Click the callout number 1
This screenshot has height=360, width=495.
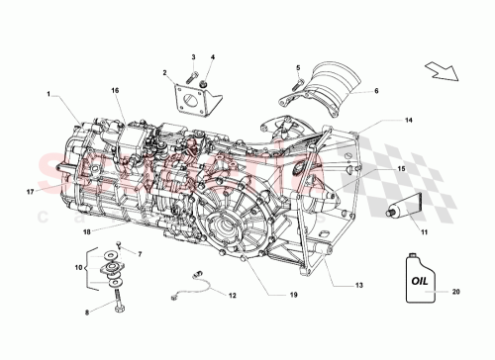[x=48, y=94]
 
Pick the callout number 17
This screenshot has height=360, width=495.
[x=31, y=191]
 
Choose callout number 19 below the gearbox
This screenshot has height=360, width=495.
[x=267, y=294]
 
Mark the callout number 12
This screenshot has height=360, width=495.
[x=232, y=296]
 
